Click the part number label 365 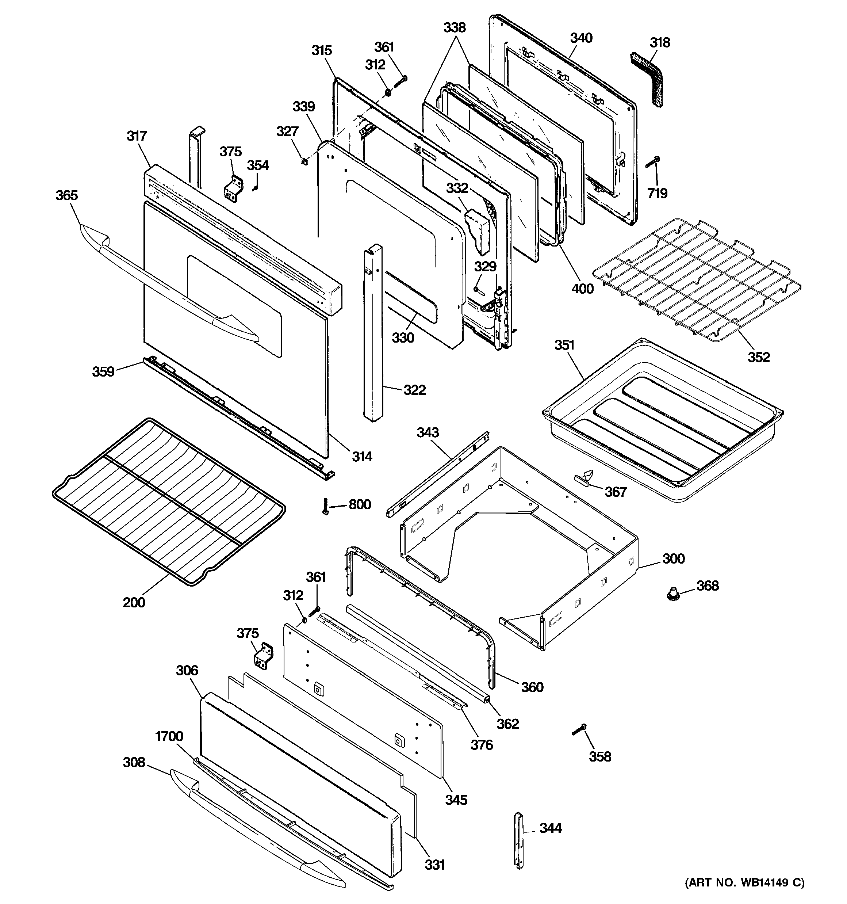point(67,195)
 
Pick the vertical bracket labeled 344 point(519,840)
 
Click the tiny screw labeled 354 point(255,188)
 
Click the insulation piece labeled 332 point(477,231)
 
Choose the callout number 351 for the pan point(564,345)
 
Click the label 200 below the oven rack point(134,603)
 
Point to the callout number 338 point(454,28)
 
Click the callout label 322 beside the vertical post point(415,390)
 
